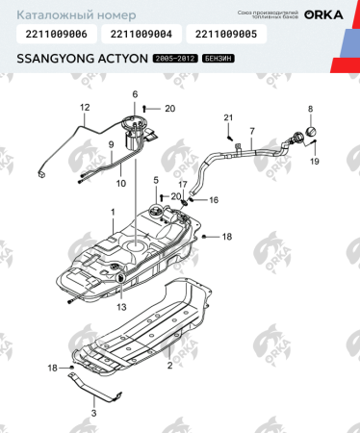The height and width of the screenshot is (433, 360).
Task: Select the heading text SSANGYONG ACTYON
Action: (81, 60)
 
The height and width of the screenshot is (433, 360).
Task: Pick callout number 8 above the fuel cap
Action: (310, 109)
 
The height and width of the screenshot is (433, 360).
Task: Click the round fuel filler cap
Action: (311, 134)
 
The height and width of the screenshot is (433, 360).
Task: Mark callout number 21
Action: (229, 118)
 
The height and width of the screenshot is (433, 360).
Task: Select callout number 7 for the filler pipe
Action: (251, 130)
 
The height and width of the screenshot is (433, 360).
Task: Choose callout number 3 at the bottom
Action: (93, 413)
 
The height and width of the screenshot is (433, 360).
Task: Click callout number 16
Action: (214, 200)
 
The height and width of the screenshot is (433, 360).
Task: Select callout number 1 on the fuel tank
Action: (112, 211)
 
